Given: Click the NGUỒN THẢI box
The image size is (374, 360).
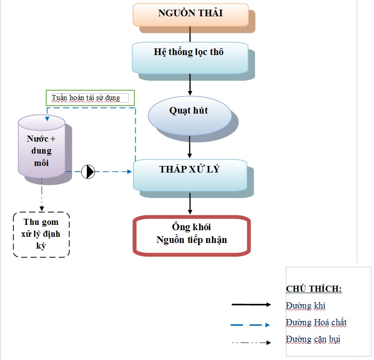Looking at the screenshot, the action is [x=191, y=15].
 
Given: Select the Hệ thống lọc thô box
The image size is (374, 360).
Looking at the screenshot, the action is [x=190, y=58].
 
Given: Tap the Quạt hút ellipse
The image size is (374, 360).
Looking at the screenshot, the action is [x=189, y=116].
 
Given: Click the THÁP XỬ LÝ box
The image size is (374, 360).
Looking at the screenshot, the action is [x=190, y=175].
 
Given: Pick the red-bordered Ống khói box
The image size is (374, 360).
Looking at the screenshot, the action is [x=192, y=235].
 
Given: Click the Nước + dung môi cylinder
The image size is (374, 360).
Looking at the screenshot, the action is [x=41, y=147].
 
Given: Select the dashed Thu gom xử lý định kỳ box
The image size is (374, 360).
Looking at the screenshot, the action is [x=41, y=235].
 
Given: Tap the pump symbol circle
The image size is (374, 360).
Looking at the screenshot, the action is [x=88, y=172].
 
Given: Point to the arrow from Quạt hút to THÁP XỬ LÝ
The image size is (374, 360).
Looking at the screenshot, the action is [x=189, y=147].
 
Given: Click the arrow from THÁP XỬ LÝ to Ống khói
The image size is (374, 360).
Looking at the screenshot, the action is [x=190, y=203].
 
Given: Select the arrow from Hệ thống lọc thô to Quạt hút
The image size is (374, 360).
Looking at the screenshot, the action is [x=190, y=84].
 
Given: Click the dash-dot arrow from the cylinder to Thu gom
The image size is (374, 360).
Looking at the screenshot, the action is [x=42, y=195].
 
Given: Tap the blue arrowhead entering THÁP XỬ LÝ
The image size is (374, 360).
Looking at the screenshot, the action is [x=129, y=172].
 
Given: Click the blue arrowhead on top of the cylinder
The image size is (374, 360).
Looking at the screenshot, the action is [x=47, y=119].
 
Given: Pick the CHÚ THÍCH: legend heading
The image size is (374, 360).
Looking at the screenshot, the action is [x=314, y=289].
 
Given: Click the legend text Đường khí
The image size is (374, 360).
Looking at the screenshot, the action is [x=306, y=306].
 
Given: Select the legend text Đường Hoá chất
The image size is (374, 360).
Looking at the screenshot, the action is [x=316, y=322].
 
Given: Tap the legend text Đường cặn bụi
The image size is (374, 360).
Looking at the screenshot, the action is [x=313, y=339].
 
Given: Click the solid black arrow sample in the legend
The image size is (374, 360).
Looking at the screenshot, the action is [x=251, y=305].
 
